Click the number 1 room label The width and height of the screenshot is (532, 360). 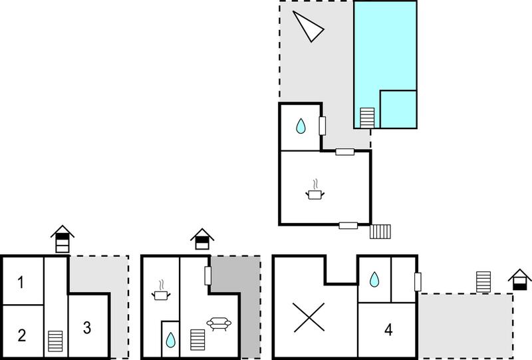[21, 282]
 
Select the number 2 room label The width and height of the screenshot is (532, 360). [22, 335]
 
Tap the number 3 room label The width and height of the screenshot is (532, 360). [87, 328]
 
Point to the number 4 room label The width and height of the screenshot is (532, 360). [388, 329]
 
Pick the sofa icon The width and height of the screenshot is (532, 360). [219, 323]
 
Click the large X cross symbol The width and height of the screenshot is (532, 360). [309, 317]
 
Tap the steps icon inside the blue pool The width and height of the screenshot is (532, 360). [367, 118]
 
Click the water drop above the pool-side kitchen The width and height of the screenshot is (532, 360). [301, 126]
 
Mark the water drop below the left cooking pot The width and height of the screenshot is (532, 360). [171, 339]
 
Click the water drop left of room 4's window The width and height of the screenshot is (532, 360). [374, 279]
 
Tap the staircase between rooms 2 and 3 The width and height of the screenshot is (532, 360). [55, 341]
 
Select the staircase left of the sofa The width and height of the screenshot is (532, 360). [198, 339]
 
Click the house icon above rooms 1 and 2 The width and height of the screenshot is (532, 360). [63, 239]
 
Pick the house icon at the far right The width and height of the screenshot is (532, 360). [520, 279]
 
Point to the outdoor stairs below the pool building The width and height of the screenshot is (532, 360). [380, 232]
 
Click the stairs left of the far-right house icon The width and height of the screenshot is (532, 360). [483, 282]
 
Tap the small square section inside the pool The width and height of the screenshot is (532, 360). [398, 109]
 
